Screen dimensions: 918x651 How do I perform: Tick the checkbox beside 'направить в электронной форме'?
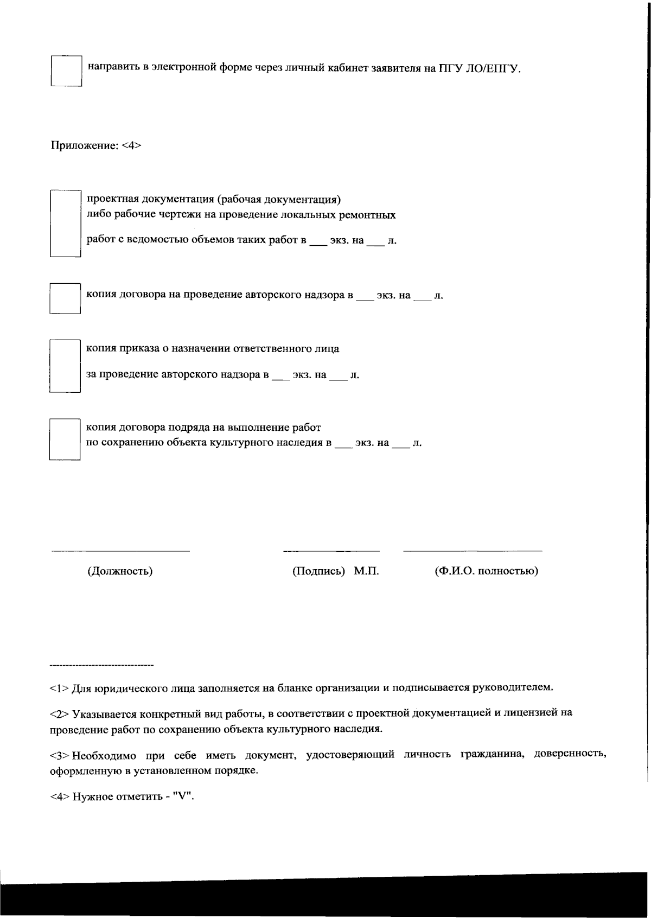point(66,71)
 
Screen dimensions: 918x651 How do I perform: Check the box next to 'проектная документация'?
point(65,223)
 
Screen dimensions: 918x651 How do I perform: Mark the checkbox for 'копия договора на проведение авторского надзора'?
point(65,298)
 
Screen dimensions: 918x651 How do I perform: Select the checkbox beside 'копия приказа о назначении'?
point(65,366)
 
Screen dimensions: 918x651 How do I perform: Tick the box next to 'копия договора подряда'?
point(65,439)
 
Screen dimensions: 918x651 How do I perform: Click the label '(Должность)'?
point(120,571)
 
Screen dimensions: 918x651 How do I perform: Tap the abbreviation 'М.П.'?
point(366,571)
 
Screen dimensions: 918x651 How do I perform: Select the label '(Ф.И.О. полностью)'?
point(486,571)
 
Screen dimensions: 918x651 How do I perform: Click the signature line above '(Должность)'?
point(120,551)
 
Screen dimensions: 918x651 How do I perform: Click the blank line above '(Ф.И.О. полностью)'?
point(472,551)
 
